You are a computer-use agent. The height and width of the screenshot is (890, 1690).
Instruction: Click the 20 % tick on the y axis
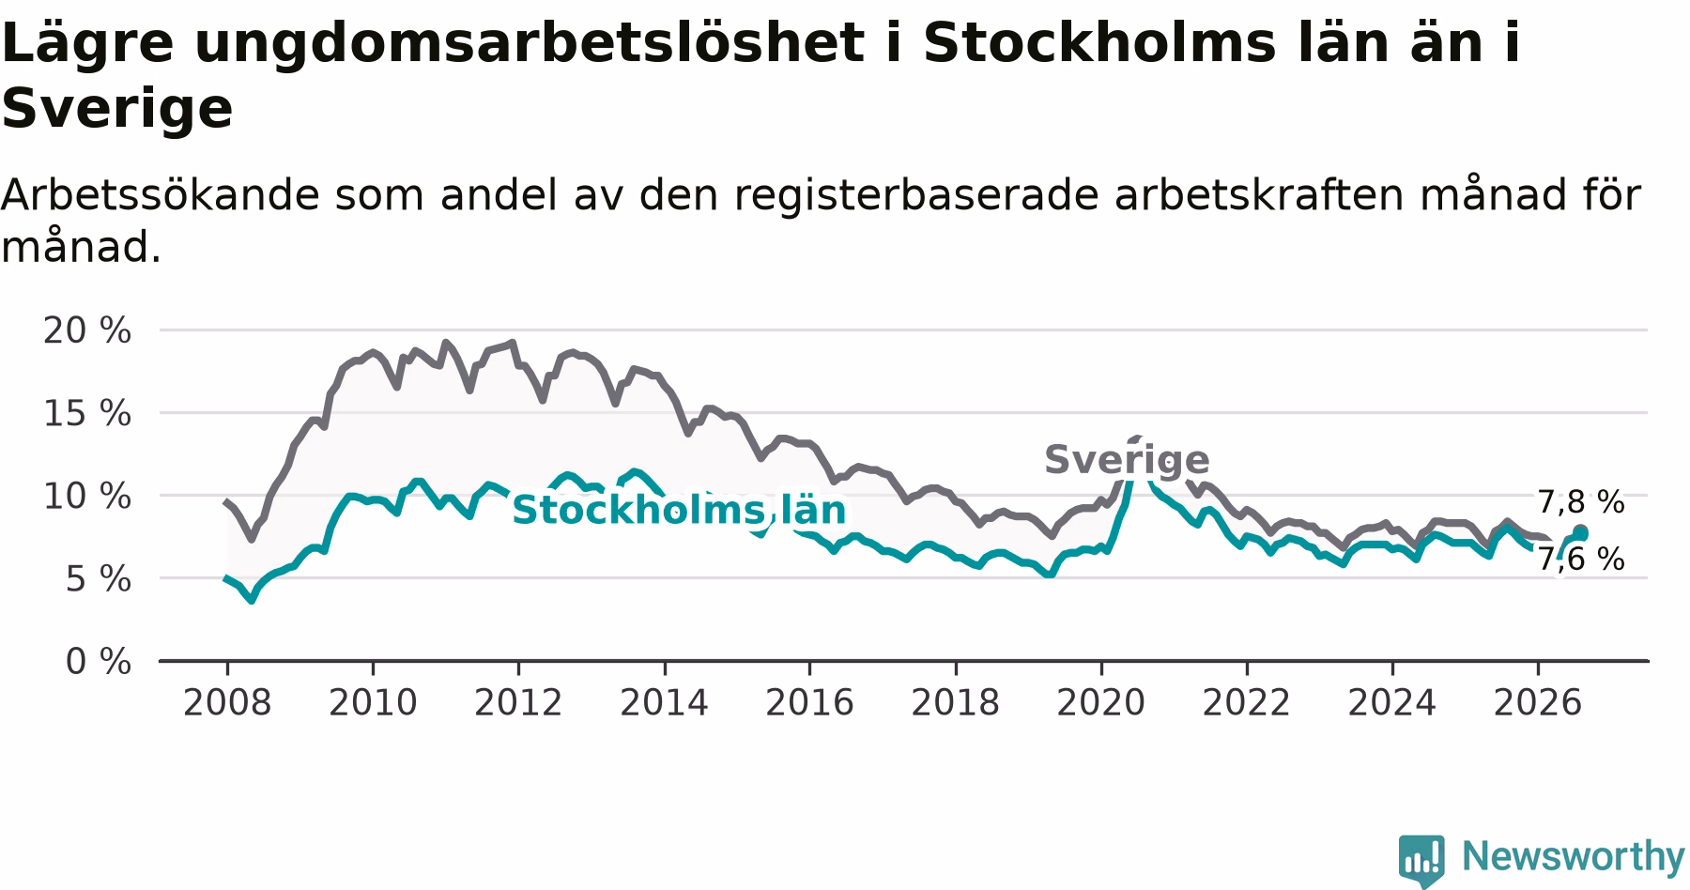pos(87,330)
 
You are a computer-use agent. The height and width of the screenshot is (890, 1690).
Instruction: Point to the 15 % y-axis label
pos(87,413)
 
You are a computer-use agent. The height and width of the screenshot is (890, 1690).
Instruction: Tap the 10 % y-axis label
pos(87,496)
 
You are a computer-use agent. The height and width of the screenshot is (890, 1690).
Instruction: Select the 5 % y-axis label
pos(99,578)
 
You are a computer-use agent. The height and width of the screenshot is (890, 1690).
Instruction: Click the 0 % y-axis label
pos(99,662)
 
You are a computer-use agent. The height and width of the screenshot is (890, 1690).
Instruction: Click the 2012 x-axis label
pos(518,702)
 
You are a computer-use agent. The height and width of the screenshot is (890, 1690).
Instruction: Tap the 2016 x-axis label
pos(809,702)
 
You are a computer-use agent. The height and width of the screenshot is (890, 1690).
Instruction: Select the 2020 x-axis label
pos(1101,702)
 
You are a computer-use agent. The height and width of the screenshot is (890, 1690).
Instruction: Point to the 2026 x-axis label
pos(1538,702)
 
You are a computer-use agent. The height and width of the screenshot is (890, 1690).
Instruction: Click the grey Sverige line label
pos(1127,460)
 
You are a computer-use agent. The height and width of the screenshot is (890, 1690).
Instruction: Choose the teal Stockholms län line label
pos(679,510)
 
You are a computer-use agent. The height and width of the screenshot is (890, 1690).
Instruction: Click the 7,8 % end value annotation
pos(1581,502)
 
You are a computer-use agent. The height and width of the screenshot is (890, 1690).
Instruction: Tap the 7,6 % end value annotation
pos(1581,559)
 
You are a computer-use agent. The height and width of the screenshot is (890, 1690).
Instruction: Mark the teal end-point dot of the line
pos(1581,532)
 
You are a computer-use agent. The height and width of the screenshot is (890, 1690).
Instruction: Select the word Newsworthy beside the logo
pos(1574,857)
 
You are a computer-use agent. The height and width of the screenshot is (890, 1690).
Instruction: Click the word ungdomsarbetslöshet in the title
pos(529,44)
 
